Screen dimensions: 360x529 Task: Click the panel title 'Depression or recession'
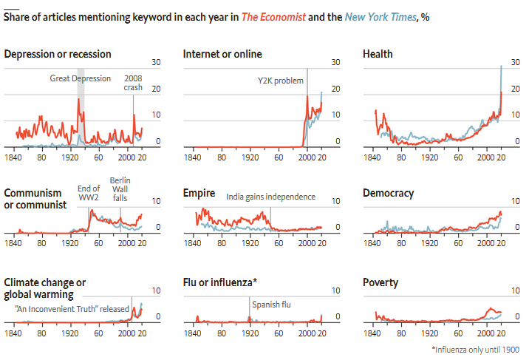[x=58, y=54]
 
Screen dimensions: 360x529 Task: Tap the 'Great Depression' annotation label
[x=81, y=78]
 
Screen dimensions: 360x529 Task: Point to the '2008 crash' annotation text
[x=133, y=82]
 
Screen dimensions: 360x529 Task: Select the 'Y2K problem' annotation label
[x=280, y=81]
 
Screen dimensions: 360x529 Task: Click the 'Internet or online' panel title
[x=222, y=54]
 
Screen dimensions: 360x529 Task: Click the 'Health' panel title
[x=378, y=54]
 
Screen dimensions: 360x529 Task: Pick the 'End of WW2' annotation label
[x=89, y=192]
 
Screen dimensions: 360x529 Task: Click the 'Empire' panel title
[x=199, y=193]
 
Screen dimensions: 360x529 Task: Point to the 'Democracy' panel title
[x=388, y=193]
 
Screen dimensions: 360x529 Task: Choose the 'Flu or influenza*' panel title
[x=220, y=282]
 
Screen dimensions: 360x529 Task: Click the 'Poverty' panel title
[x=380, y=282]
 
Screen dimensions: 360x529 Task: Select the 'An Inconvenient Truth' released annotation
[x=72, y=309]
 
